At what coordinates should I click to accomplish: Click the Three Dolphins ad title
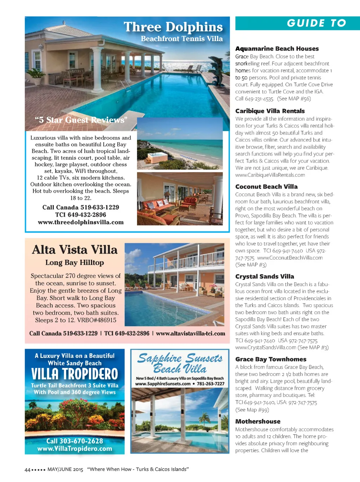[173, 27]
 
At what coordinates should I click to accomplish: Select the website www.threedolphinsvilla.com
[81, 222]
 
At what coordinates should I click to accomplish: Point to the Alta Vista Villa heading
[75, 250]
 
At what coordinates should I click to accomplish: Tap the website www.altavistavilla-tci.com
[190, 333]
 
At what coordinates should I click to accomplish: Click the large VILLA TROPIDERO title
[75, 374]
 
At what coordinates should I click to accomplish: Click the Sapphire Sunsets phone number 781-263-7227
[210, 384]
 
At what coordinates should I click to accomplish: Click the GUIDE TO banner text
[316, 23]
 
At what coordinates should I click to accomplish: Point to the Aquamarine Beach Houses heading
[277, 49]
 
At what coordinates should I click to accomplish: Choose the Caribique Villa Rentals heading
[270, 111]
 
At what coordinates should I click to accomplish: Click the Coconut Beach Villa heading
[266, 187]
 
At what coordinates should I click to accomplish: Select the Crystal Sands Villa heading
[265, 277]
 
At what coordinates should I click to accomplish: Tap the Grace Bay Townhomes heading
[271, 359]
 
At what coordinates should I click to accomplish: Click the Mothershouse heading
[258, 421]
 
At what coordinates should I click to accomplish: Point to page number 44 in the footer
[27, 470]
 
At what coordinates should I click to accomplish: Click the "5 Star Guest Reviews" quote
[81, 120]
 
